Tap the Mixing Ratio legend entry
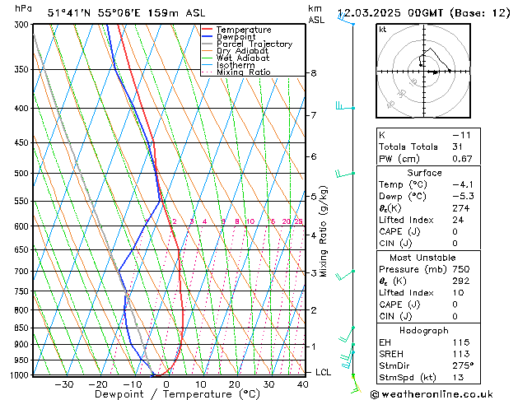(x=243, y=72)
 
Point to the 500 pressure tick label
(x=20, y=174)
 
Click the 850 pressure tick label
(x=20, y=328)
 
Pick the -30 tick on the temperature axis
(x=64, y=384)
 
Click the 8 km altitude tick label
(x=313, y=73)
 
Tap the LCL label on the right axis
(x=324, y=373)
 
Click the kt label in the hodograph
(x=383, y=30)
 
